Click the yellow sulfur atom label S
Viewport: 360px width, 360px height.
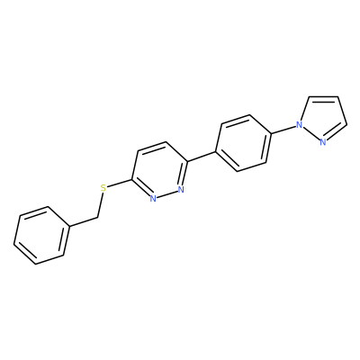pyautogui.click(x=103, y=188)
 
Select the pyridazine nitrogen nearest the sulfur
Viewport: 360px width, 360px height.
pyautogui.click(x=153, y=199)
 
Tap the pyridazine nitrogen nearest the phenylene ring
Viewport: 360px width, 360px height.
pyautogui.click(x=180, y=190)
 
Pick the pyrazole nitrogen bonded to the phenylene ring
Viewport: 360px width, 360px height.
pyautogui.click(x=299, y=124)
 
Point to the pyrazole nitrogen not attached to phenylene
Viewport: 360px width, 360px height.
pyautogui.click(x=323, y=142)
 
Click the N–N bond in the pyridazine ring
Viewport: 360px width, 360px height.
pyautogui.click(x=166, y=194)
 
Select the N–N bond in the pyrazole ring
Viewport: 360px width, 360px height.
pyautogui.click(x=311, y=133)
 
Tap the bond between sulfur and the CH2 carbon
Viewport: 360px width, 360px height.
pyautogui.click(x=100, y=205)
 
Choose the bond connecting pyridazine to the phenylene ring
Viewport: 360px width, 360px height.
pyautogui.click(x=202, y=157)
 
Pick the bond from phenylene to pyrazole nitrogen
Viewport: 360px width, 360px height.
pyautogui.click(x=283, y=130)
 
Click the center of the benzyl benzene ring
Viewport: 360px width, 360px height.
pyautogui.click(x=41, y=236)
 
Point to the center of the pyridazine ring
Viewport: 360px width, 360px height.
pyautogui.click(x=160, y=171)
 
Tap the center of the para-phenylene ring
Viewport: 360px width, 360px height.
pyautogui.click(x=243, y=143)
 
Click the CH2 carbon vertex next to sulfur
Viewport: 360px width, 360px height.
pyautogui.click(x=98, y=217)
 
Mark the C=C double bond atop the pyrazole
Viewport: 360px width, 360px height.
pyautogui.click(x=323, y=96)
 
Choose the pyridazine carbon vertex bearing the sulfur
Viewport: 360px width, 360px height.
pyautogui.click(x=132, y=180)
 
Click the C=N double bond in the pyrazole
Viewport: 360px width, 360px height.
pyautogui.click(x=337, y=132)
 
